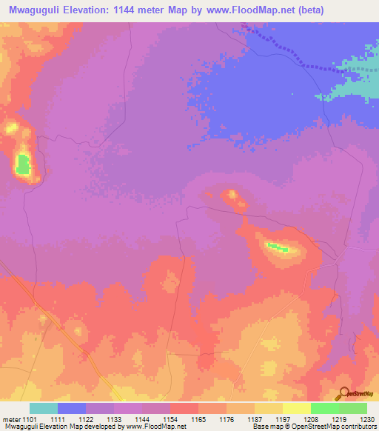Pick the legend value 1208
[x=297, y=419]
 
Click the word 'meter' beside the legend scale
[x=11, y=419]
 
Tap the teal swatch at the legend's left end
[x=44, y=408]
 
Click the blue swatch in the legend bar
[x=72, y=408]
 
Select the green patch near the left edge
[x=24, y=164]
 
